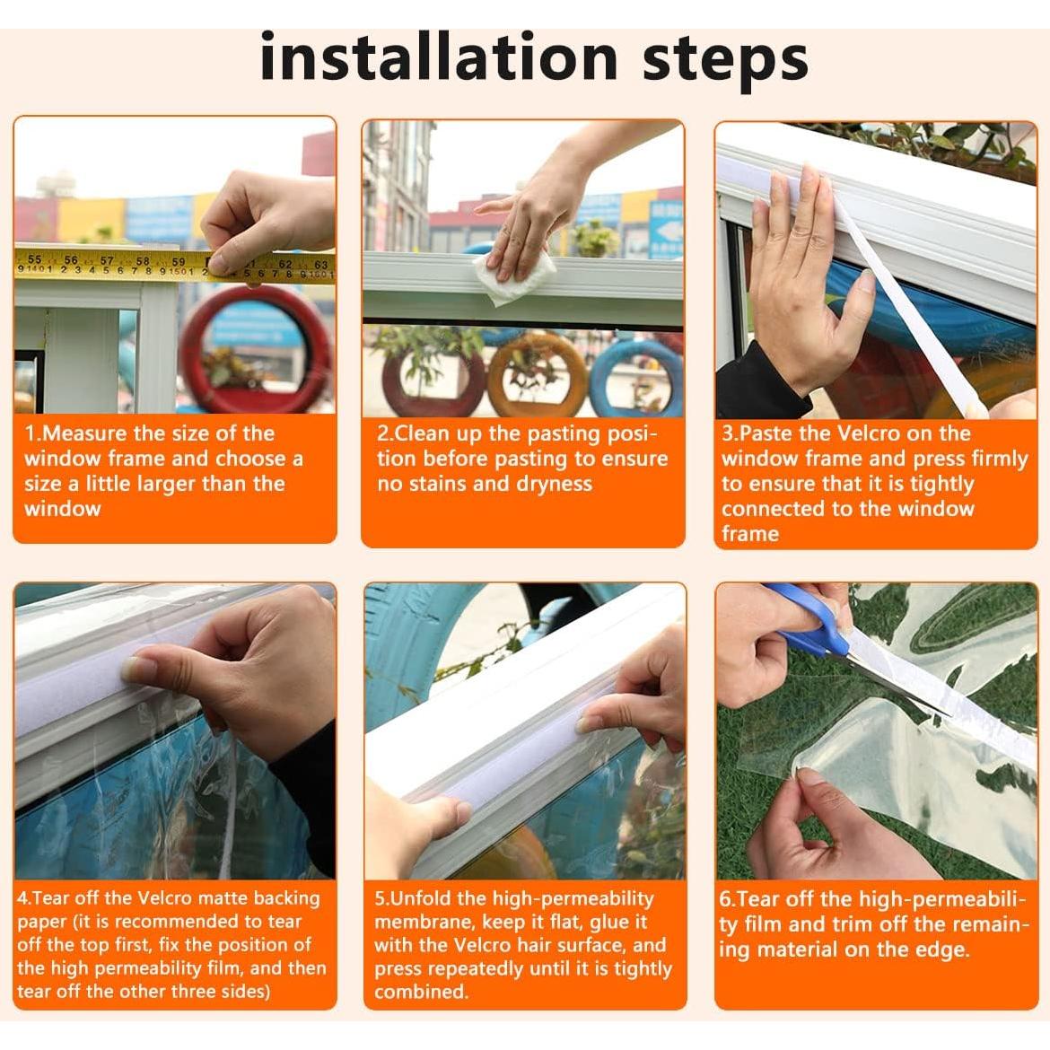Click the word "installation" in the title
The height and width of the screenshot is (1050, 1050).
(439, 58)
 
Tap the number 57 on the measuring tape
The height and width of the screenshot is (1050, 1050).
(107, 260)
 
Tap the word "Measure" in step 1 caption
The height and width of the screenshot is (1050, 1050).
(85, 433)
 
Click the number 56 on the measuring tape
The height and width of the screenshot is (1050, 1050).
(70, 260)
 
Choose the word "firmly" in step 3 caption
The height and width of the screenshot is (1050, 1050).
(993, 459)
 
